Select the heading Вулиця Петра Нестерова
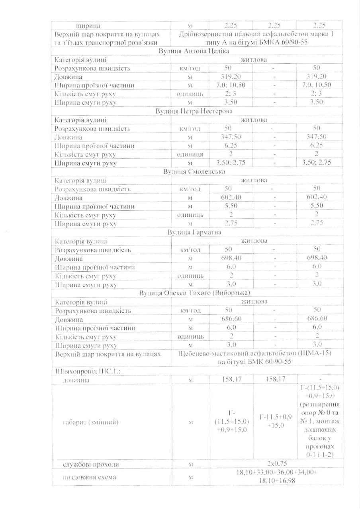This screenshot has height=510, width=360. (x=194, y=111)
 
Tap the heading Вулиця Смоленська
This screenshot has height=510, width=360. (x=194, y=172)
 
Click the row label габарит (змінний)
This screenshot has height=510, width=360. (x=91, y=422)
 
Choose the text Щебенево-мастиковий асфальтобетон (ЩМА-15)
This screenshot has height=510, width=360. (x=256, y=353)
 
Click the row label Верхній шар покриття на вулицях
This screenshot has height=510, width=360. (x=108, y=354)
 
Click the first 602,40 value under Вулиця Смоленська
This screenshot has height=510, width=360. (x=231, y=197)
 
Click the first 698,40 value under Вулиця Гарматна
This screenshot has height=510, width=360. (x=231, y=258)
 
